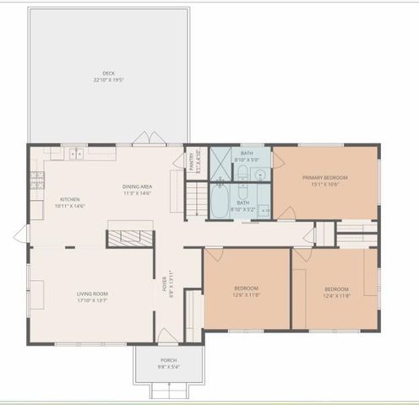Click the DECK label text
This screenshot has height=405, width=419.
pos(108,74)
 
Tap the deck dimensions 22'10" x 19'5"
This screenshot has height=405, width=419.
pos(108,80)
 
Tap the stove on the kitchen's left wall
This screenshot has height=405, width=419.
pos(37,180)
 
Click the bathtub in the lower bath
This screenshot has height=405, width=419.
pos(219,203)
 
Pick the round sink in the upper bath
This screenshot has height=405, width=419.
pos(260,175)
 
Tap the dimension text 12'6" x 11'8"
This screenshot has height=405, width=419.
pos(246,295)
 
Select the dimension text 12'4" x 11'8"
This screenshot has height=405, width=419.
pos(336,295)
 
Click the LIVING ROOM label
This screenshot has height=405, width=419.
pos(93,293)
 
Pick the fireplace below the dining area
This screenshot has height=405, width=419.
pos(129,237)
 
